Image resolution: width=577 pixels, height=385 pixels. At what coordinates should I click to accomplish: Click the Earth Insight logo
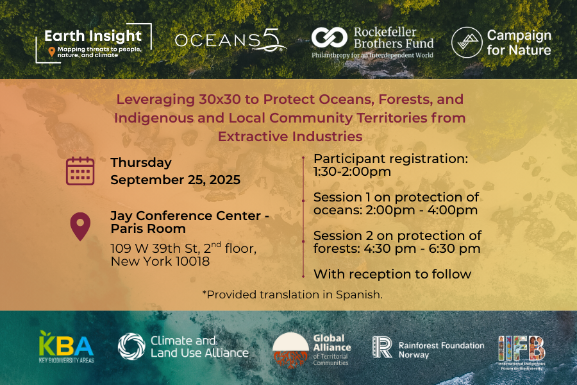click(x=94, y=44)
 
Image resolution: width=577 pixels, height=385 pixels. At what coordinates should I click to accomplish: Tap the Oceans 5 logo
click(x=230, y=40)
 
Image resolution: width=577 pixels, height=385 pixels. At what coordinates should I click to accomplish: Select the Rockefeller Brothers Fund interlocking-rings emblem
click(x=329, y=38)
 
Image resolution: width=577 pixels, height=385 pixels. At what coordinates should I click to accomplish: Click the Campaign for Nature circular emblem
click(x=467, y=42)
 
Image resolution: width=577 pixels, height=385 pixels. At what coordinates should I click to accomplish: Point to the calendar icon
click(x=80, y=171)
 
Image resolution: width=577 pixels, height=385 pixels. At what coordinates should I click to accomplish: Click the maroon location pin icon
click(x=80, y=227)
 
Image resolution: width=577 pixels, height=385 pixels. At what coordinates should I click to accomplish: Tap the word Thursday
click(x=141, y=163)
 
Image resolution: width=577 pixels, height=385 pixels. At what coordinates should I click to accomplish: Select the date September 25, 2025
click(x=175, y=180)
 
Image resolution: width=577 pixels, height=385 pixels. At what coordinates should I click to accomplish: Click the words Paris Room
click(x=148, y=229)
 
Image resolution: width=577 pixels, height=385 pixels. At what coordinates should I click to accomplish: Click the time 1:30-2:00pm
click(x=352, y=172)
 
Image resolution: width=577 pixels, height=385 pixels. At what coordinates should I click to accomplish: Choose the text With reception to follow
click(x=392, y=274)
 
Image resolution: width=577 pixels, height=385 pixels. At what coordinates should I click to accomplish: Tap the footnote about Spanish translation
click(x=292, y=295)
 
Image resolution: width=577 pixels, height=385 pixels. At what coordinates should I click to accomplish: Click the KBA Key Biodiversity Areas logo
click(x=66, y=347)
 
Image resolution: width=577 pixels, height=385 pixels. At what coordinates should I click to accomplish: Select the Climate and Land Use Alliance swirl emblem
click(x=131, y=346)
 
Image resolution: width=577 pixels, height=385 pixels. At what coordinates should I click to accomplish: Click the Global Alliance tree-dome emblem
click(x=290, y=350)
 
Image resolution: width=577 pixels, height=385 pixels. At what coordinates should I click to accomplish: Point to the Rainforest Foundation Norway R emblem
click(x=382, y=347)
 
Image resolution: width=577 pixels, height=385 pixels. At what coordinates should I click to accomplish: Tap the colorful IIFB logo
click(x=521, y=352)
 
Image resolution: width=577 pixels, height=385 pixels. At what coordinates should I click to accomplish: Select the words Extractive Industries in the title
click(x=290, y=137)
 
